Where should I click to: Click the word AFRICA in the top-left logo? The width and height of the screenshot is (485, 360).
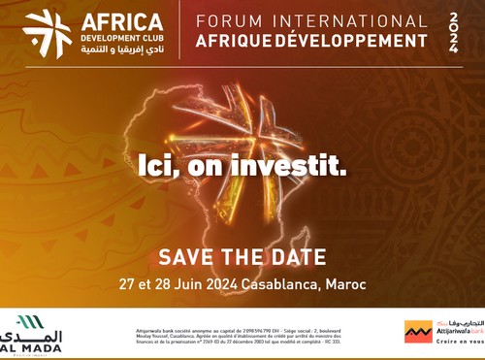point(122,21)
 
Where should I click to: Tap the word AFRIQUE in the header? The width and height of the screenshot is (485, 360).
point(233,42)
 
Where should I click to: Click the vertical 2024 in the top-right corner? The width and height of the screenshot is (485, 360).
point(455,32)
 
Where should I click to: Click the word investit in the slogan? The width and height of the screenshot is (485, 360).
point(297,166)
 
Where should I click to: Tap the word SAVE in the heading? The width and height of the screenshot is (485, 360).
point(188,257)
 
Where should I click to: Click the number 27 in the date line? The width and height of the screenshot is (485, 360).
point(128,286)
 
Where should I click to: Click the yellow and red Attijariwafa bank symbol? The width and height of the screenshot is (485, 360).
point(418,332)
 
